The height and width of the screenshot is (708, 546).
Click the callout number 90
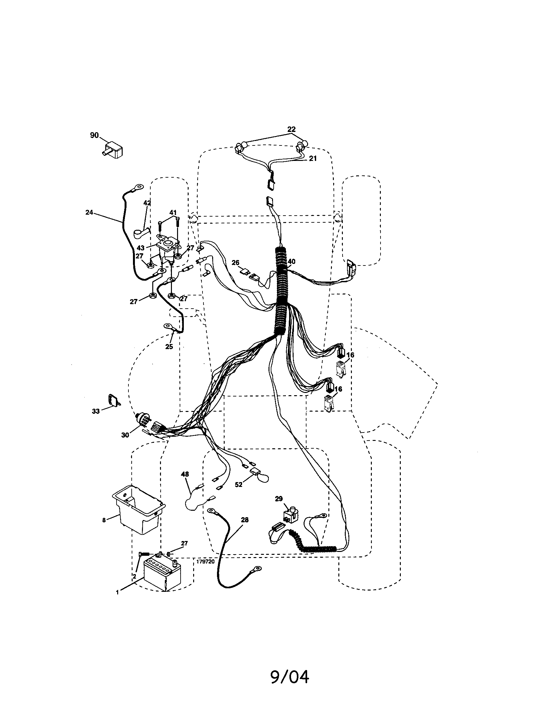94,135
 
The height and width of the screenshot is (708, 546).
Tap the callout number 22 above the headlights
291,129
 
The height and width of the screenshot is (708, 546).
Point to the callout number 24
89,212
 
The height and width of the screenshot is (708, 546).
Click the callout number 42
147,203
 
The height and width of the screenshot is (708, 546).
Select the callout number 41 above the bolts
173,213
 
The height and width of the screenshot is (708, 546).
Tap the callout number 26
235,263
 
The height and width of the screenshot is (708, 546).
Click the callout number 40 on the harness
291,261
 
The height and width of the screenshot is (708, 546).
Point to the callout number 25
169,347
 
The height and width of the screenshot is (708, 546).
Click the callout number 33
96,411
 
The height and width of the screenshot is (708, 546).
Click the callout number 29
279,499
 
